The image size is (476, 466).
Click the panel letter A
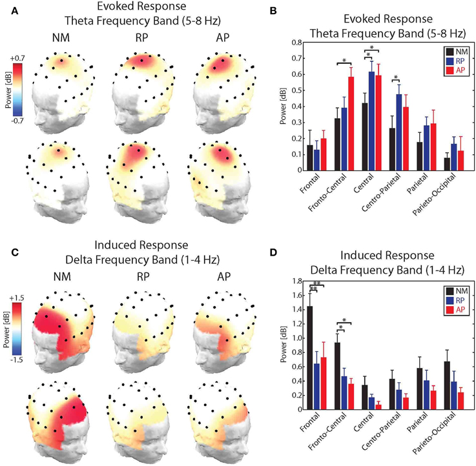pos(14,12)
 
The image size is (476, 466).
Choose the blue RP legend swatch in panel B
pos(449,61)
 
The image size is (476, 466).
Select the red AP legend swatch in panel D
pos(449,310)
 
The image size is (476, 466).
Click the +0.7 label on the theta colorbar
pos(17,58)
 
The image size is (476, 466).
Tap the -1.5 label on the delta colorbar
pos(16,360)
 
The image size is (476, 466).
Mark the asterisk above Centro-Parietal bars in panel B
pos(395,77)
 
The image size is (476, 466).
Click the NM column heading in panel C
pos(62,277)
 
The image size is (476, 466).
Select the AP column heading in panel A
pos(223,37)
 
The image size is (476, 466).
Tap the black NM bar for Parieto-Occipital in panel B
pos(419,164)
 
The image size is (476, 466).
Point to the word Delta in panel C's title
pos(80,260)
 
